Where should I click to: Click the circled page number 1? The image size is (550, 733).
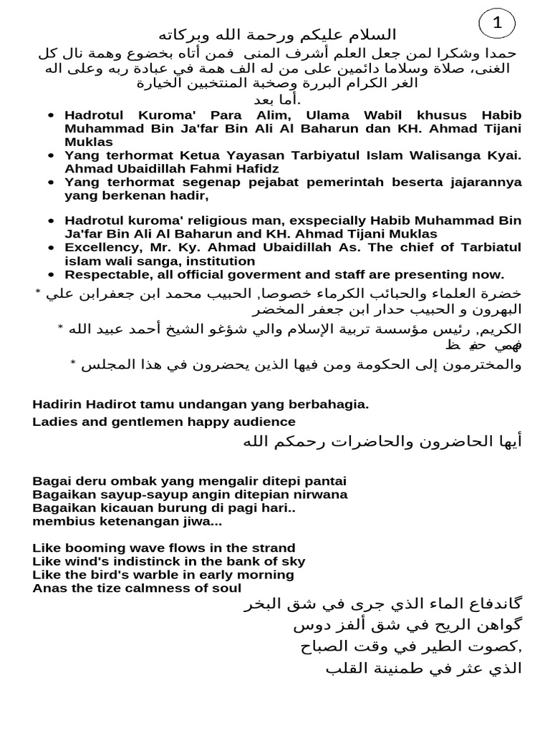click(x=498, y=26)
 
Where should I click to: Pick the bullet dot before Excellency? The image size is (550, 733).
click(x=49, y=247)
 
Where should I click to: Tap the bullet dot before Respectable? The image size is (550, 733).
click(x=49, y=273)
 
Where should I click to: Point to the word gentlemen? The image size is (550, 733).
click(x=133, y=422)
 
